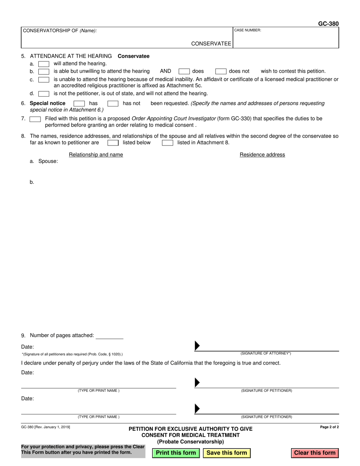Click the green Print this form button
(176, 453)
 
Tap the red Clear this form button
(315, 453)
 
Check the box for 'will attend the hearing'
(44, 64)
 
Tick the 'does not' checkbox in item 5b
(221, 71)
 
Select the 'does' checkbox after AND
(184, 71)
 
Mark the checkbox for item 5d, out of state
(44, 94)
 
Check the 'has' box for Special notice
(79, 103)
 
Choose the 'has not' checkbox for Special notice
(113, 103)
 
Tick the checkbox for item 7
(35, 119)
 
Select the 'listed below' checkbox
(113, 143)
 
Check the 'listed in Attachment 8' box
(167, 143)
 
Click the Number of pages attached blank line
(110, 336)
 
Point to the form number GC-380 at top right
(328, 23)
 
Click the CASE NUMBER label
(248, 30)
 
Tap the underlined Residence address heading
(262, 155)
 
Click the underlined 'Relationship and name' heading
(96, 155)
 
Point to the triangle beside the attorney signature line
(197, 346)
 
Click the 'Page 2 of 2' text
(329, 427)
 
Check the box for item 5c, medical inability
(44, 80)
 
